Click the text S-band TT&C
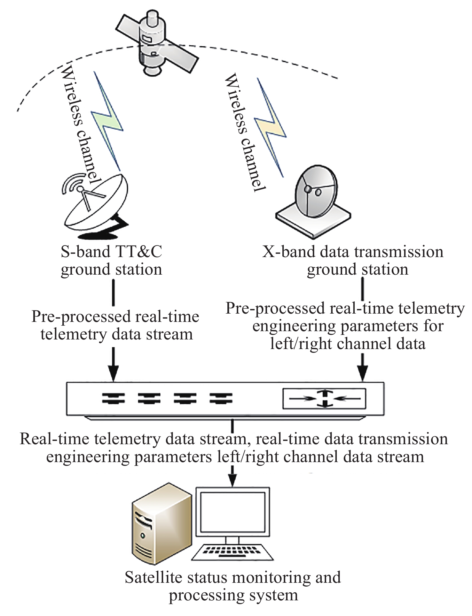click(x=111, y=252)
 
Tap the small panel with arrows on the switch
click(x=324, y=398)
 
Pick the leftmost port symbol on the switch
click(x=113, y=398)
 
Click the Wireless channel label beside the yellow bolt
click(x=245, y=133)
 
